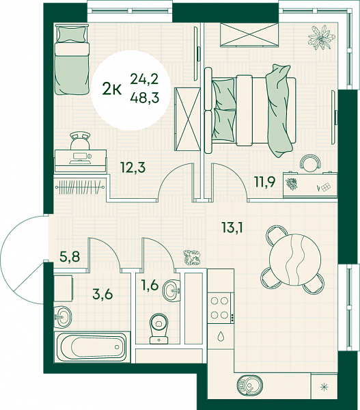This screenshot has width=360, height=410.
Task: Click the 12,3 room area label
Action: click(x=133, y=167)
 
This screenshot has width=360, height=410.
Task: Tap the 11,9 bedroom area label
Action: click(x=265, y=182)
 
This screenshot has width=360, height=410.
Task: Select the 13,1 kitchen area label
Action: click(x=232, y=228)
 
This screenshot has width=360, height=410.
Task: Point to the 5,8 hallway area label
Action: click(x=70, y=256)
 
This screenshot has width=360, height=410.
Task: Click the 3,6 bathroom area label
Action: click(x=102, y=294)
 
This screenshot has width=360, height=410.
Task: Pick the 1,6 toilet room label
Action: click(x=150, y=285)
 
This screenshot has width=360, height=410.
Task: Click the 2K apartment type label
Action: click(x=112, y=89)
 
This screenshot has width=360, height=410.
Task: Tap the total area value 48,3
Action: click(x=145, y=98)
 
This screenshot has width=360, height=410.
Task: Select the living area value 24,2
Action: click(x=145, y=79)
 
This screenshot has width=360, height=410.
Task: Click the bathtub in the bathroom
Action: click(x=92, y=347)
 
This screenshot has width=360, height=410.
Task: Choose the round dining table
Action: click(x=295, y=259)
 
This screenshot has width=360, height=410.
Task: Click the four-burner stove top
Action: click(x=220, y=308)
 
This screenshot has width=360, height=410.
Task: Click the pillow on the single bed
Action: click(x=72, y=34)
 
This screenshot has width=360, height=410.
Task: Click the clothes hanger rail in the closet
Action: click(x=80, y=187)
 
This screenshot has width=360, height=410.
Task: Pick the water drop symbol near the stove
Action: click(x=221, y=336)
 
